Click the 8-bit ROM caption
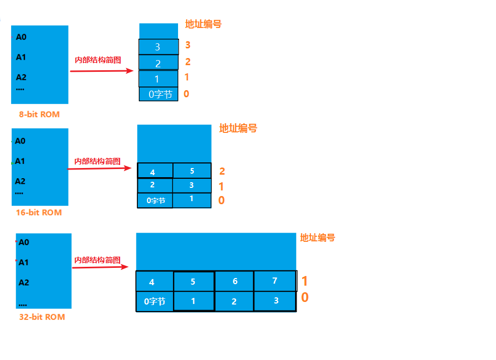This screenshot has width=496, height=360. point(39,115)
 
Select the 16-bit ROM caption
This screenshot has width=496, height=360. point(39,212)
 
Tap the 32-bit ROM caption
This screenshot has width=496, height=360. point(42,317)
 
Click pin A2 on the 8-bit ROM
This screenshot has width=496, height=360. point(21,77)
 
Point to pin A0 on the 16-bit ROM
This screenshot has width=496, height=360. point(20,141)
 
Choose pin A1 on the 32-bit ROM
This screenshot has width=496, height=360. point(23,262)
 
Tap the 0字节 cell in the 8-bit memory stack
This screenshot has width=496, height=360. point(159,94)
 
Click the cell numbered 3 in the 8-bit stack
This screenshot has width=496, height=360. point(158,47)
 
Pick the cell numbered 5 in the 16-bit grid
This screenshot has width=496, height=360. point(192,171)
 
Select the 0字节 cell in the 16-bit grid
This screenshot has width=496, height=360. point(156,201)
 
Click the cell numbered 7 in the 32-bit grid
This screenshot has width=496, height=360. point(275,281)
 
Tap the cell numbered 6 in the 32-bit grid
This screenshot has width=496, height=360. point(235,282)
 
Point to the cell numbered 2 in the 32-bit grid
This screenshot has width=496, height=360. point(234,301)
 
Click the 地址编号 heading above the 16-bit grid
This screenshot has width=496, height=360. point(238,128)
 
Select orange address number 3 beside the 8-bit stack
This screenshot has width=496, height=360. point(188,45)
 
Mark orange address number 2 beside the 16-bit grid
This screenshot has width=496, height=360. point(222,172)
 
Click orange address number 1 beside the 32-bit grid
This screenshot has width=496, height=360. point(305,281)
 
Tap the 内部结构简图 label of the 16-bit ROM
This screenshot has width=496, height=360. point(98,161)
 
